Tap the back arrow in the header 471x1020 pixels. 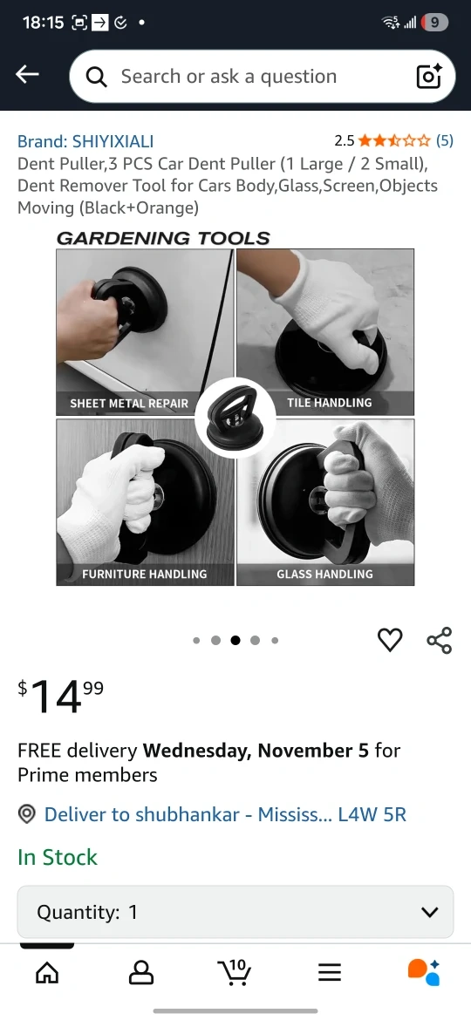(27, 75)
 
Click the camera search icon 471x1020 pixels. (429, 76)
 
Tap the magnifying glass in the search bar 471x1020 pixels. (96, 78)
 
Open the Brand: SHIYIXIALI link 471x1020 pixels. (85, 141)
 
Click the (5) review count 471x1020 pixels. (444, 139)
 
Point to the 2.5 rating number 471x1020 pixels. (345, 140)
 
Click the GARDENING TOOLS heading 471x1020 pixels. (163, 238)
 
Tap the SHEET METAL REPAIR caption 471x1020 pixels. (129, 404)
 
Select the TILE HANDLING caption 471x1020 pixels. (329, 403)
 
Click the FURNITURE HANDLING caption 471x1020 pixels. (145, 574)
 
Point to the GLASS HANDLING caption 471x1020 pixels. (324, 574)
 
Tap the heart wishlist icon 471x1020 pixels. (391, 640)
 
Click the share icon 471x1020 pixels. (439, 640)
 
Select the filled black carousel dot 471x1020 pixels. (235, 640)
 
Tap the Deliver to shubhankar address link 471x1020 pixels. (225, 814)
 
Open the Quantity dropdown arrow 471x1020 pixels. (429, 912)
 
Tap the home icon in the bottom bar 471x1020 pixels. (47, 973)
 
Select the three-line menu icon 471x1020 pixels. (330, 973)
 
